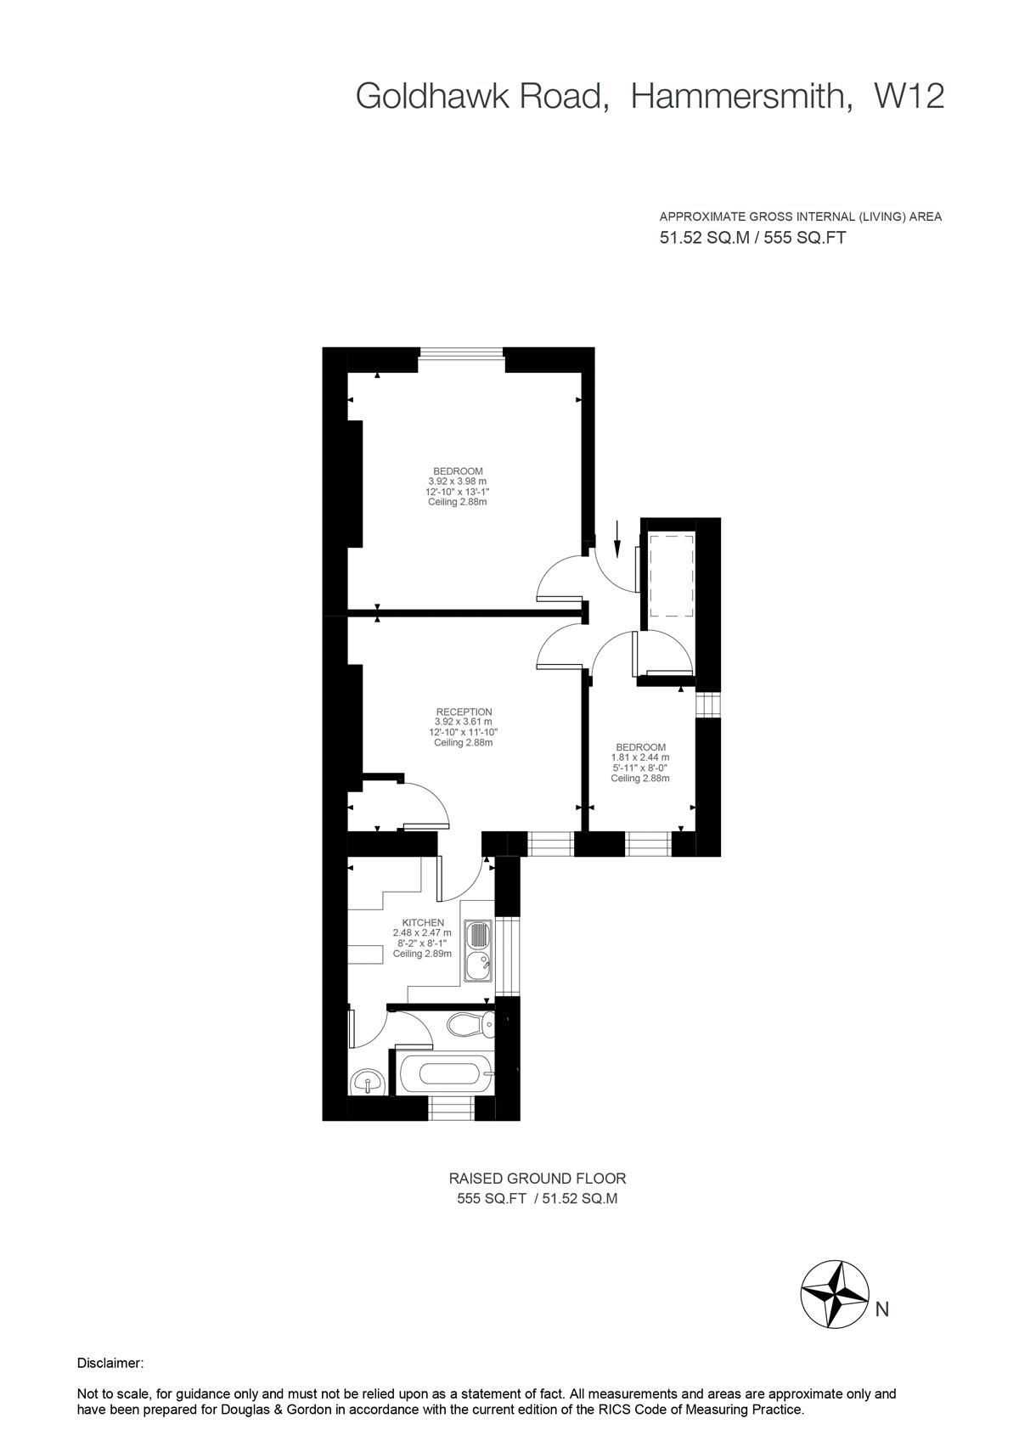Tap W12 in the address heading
(x=908, y=96)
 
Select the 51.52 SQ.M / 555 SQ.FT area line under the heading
(x=752, y=238)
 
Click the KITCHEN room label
(x=423, y=922)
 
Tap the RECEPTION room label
(x=464, y=712)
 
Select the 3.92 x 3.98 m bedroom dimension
(x=458, y=481)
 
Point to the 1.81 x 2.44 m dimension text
(x=640, y=757)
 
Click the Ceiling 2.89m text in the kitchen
(x=422, y=954)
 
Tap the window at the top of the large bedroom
(x=461, y=352)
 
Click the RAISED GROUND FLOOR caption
(x=538, y=1179)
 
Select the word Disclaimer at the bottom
(x=110, y=1363)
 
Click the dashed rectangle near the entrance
(x=671, y=575)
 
